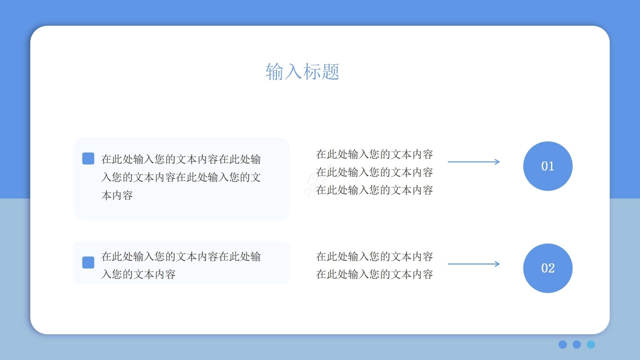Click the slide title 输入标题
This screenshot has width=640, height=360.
tap(302, 72)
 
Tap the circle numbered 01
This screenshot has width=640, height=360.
tap(547, 166)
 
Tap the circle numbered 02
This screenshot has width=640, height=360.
tap(547, 268)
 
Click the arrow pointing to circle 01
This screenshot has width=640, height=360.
tap(473, 161)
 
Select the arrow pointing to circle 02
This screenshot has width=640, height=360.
tap(473, 264)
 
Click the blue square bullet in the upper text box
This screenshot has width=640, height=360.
tap(88, 158)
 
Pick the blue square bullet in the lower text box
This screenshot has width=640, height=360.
tap(88, 262)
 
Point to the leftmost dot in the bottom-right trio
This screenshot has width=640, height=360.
tap(562, 344)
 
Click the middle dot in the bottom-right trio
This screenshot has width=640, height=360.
tap(576, 344)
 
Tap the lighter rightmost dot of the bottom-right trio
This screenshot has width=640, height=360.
tap(591, 344)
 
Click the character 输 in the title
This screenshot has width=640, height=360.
tap(274, 72)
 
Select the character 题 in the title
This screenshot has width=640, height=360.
tap(330, 72)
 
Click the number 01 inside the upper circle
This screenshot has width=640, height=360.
tap(547, 166)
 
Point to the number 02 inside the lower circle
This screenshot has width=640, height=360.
tap(547, 268)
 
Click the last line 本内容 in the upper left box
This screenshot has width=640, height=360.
tap(117, 195)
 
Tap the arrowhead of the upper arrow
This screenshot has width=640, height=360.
tap(497, 161)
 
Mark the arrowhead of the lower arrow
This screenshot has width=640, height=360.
tap(497, 264)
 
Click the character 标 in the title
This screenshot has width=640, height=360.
tap(312, 72)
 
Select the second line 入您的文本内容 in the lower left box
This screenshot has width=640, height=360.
tap(138, 274)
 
